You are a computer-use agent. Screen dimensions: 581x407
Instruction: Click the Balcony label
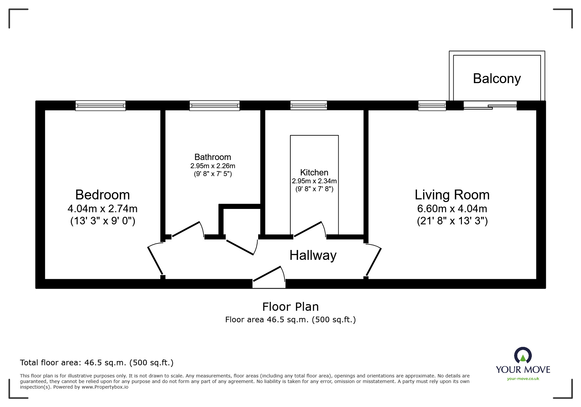click(x=497, y=79)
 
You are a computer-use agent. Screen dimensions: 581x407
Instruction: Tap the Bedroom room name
click(x=102, y=195)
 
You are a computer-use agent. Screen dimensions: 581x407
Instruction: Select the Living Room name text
click(x=452, y=195)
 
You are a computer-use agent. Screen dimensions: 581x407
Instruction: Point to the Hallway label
click(x=313, y=256)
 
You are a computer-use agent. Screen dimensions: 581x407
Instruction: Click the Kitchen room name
click(x=314, y=172)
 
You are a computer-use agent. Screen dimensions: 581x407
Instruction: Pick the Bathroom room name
click(x=213, y=157)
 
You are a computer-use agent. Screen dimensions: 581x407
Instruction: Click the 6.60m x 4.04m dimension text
click(x=452, y=209)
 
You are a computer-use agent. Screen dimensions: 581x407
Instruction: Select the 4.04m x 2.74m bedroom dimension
click(x=102, y=209)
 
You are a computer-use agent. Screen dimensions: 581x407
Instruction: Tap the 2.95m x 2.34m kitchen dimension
click(x=314, y=181)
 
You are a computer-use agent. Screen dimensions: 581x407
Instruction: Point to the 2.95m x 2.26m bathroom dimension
click(x=213, y=166)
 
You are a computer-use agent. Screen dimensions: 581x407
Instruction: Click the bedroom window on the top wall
click(x=100, y=105)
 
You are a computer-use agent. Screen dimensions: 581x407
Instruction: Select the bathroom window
click(x=215, y=105)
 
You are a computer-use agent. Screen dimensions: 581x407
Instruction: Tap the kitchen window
click(x=309, y=105)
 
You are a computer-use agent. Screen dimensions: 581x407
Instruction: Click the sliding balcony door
click(x=490, y=105)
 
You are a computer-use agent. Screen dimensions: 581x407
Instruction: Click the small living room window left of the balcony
click(x=432, y=105)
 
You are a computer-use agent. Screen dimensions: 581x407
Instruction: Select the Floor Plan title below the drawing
click(x=290, y=307)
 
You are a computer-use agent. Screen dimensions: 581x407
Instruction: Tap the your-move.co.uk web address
click(x=523, y=379)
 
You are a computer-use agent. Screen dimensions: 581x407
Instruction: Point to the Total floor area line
click(x=97, y=363)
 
